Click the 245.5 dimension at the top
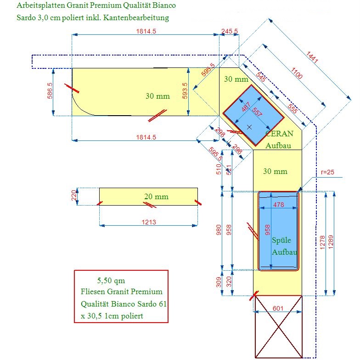[229, 31]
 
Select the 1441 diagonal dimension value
[312, 57]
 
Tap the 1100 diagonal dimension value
[297, 73]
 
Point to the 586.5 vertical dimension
[50, 90]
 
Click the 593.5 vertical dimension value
[185, 90]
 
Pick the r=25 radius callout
[327, 172]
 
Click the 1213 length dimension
[149, 222]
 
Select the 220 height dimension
[74, 195]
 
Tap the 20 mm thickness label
[156, 196]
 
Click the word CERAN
[279, 134]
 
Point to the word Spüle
[281, 240]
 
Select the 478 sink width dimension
[278, 205]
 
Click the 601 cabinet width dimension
[278, 308]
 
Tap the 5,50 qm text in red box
[111, 280]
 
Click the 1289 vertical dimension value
[331, 242]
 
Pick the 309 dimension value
[219, 282]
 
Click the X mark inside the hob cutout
[249, 127]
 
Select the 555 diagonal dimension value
[292, 109]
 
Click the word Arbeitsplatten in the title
[41, 6]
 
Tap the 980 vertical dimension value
[219, 229]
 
